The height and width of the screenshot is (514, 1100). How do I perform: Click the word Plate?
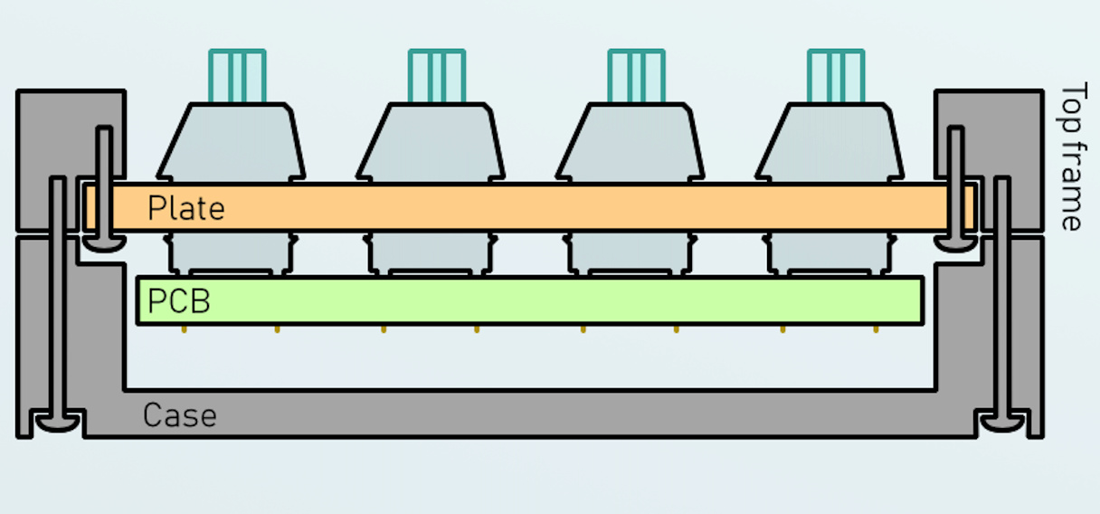coord(185,209)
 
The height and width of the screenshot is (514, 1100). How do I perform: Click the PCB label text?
coord(178,301)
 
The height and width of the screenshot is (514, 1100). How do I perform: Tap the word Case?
coord(179,416)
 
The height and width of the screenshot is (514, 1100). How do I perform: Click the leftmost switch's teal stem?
coord(237,76)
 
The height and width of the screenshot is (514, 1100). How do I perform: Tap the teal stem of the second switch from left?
coord(437,76)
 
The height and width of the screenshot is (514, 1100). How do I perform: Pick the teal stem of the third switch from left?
coord(636,76)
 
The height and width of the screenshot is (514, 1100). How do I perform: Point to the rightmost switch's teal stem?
coord(835,76)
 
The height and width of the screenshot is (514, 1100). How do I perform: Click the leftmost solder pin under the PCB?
coord(184,328)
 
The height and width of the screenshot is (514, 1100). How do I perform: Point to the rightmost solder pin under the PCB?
coord(876,328)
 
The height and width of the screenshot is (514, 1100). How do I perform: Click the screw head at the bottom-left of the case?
coord(56,422)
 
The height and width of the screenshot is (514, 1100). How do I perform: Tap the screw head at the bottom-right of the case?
coord(1002,422)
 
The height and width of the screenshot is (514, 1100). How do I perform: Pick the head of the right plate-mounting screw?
coord(955,243)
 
